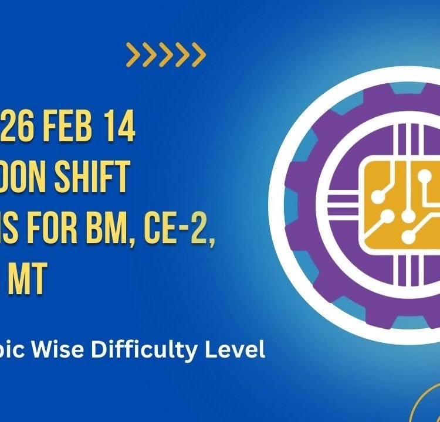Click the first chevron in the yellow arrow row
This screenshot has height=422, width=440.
click(x=133, y=55)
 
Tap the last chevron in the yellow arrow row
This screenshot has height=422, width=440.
click(x=199, y=55)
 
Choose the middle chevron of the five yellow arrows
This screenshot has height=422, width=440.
click(x=166, y=55)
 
